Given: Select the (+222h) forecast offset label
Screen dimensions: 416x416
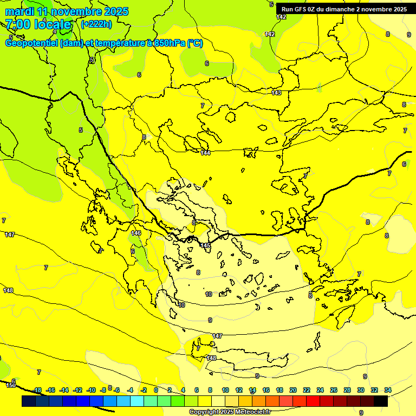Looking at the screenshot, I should pyautogui.click(x=96, y=24).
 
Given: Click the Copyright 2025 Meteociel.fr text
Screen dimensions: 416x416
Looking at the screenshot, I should pyautogui.click(x=229, y=412).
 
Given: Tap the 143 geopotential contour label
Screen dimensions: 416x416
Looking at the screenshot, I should pyautogui.click(x=276, y=93).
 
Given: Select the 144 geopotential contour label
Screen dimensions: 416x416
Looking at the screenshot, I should pyautogui.click(x=205, y=153).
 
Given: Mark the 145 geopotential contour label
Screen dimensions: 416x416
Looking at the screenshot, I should pyautogui.click(x=205, y=246).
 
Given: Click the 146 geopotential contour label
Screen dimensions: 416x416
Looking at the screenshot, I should pyautogui.click(x=136, y=233).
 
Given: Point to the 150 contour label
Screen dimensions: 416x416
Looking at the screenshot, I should pyautogui.click(x=11, y=385).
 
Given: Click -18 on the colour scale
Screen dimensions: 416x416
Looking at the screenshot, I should pyautogui.click(x=37, y=390).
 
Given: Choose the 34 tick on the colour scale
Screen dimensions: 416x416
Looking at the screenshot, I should pyautogui.click(x=387, y=390).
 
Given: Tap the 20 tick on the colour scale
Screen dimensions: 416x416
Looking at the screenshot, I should pyautogui.click(x=293, y=390).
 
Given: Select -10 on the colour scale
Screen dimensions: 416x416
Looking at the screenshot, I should pyautogui.click(x=91, y=390).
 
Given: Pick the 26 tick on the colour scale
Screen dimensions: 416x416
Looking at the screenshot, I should pyautogui.click(x=333, y=390).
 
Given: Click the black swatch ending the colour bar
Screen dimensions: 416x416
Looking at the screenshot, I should pyautogui.click(x=381, y=401).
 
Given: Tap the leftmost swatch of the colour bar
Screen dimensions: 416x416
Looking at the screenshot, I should pyautogui.click(x=29, y=401).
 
